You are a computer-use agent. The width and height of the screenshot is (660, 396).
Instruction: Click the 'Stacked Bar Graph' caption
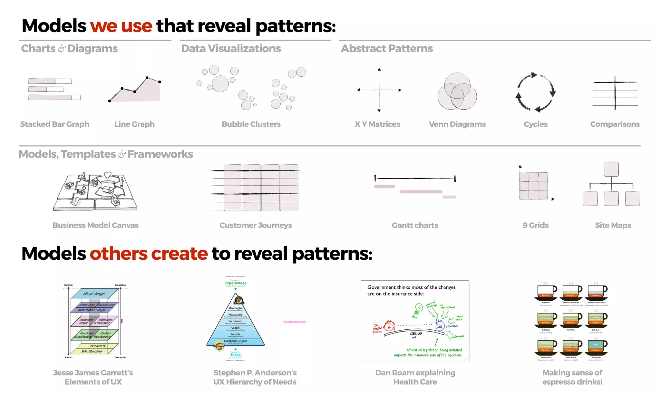pyautogui.click(x=54, y=124)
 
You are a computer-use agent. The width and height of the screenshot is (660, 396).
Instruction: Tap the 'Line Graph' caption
pyautogui.click(x=134, y=124)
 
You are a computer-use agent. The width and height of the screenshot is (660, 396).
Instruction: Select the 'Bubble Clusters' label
pyautogui.click(x=251, y=124)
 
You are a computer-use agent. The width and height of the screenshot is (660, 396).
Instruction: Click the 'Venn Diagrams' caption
pyautogui.click(x=457, y=124)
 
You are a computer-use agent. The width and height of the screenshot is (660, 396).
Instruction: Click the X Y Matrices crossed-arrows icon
pyautogui.click(x=379, y=90)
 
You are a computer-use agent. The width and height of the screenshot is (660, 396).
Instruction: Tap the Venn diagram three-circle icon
pyautogui.click(x=457, y=92)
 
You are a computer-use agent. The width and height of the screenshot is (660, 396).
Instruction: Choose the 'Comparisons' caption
pyautogui.click(x=615, y=124)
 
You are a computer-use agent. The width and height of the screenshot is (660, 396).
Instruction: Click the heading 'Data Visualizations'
pyautogui.click(x=231, y=48)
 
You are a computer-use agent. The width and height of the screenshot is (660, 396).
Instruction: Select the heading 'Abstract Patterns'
pyautogui.click(x=387, y=48)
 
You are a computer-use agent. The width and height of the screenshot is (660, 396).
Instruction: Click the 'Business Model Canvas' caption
pyautogui.click(x=95, y=225)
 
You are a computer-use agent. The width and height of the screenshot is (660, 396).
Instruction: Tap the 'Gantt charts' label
pyautogui.click(x=415, y=225)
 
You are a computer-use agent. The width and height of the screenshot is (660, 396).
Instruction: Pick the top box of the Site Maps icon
pyautogui.click(x=611, y=169)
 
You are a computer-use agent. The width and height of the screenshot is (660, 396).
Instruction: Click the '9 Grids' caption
pyautogui.click(x=535, y=225)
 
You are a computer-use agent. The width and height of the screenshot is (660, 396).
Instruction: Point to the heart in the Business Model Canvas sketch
pyautogui.click(x=108, y=175)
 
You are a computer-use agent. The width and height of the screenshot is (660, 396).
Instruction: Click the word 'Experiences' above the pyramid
pyautogui.click(x=235, y=283)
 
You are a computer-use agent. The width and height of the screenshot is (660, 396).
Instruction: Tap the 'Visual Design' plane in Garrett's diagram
pyautogui.click(x=94, y=294)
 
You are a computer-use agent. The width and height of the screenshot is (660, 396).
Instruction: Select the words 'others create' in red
pyautogui.click(x=149, y=254)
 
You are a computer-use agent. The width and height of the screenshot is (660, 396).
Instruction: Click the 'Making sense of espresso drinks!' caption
pyautogui.click(x=572, y=377)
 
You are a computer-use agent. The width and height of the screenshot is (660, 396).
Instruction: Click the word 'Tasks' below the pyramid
pyautogui.click(x=235, y=355)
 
